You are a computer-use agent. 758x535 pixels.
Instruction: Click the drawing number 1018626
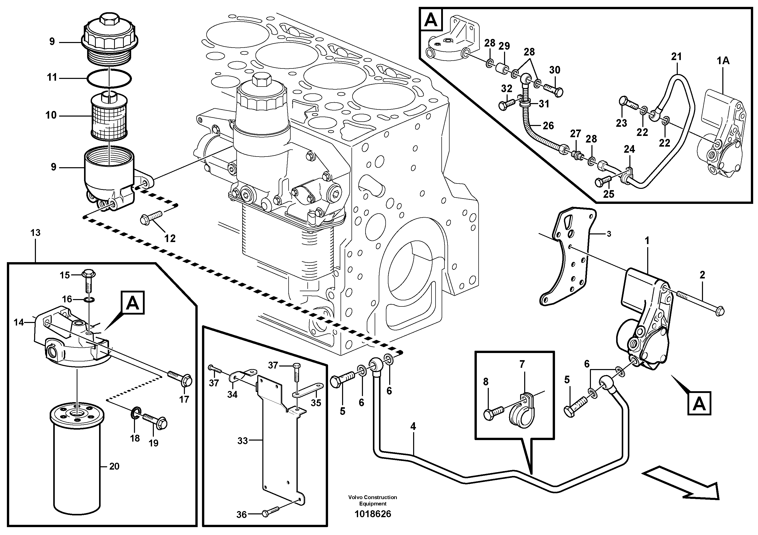[x=372, y=514]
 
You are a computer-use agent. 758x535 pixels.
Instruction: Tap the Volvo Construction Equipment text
[x=372, y=500]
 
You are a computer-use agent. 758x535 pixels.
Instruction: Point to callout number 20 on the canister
[x=114, y=466]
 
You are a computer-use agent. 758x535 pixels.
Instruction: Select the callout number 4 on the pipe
[x=413, y=427]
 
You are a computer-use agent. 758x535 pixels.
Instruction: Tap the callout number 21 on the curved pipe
[x=676, y=57]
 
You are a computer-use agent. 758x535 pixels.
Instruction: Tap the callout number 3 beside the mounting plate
[x=609, y=234]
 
